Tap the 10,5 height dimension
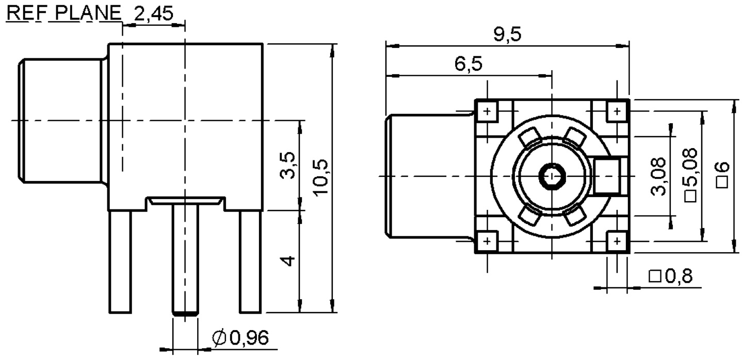[321, 177]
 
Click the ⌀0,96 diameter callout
[240, 338]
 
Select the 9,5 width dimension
[507, 35]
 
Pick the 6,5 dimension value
[469, 65]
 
